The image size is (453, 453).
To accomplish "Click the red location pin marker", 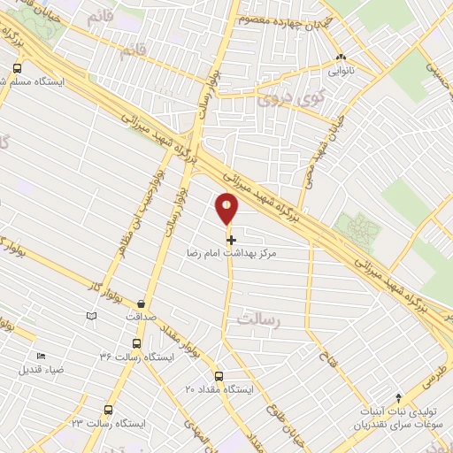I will (x=227, y=209).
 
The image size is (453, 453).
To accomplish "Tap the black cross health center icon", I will (x=231, y=239).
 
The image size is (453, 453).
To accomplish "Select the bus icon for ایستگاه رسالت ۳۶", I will (x=135, y=343).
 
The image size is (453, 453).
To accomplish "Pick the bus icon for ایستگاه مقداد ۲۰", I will (x=219, y=375).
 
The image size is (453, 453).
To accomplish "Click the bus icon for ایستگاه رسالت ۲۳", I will (x=108, y=411).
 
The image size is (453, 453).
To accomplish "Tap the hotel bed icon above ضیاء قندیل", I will (x=41, y=356).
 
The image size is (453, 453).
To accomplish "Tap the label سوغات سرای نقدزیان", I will (x=398, y=425).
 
